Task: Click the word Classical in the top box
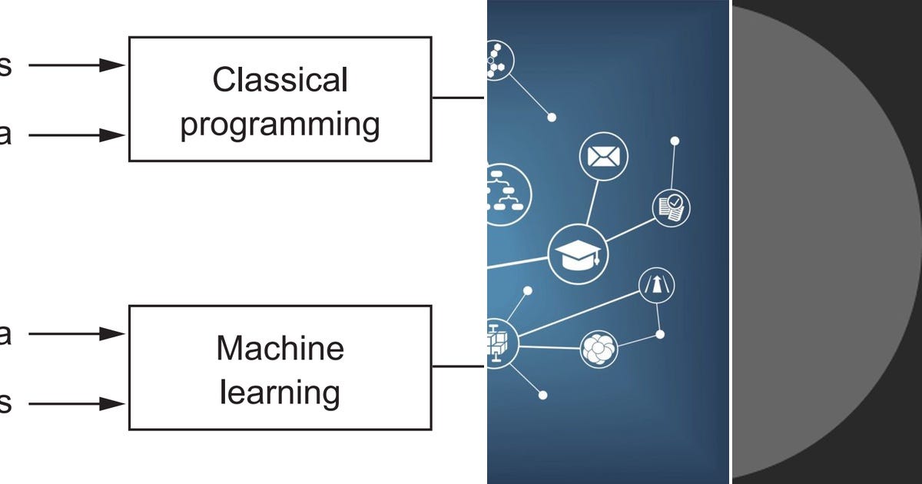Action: point(280,80)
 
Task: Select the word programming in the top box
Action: point(280,124)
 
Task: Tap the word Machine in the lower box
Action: point(280,348)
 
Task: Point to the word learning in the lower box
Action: point(280,393)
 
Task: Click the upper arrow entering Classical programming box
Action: point(77,65)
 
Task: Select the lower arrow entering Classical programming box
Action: point(77,135)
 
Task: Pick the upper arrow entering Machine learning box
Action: point(77,333)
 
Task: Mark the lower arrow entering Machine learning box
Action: point(77,403)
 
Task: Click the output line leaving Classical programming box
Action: point(458,98)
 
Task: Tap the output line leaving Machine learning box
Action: point(458,366)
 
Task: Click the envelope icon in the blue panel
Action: point(603,157)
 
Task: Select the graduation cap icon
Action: point(578,254)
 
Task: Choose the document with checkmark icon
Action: point(671,207)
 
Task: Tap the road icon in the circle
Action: point(657,287)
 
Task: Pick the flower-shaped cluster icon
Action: point(599,349)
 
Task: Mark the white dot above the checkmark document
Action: point(675,141)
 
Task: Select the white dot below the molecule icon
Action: point(552,118)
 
